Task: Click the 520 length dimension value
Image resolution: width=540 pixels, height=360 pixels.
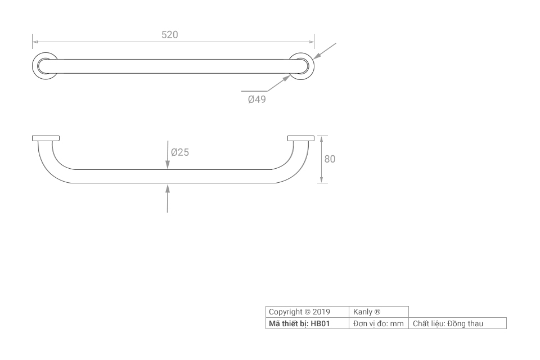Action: point(170,35)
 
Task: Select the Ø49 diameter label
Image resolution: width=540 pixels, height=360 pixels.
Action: point(257,99)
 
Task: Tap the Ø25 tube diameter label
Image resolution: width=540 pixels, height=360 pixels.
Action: point(180,152)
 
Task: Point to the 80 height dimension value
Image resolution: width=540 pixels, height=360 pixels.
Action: point(330,159)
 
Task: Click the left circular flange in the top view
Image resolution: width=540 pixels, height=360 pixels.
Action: point(45,66)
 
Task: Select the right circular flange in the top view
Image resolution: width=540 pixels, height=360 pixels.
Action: point(301,66)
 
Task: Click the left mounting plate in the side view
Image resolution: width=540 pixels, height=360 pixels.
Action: point(46,138)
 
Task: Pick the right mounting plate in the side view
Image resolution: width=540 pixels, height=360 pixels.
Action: point(301,138)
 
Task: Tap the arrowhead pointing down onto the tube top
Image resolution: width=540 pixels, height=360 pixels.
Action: point(168,165)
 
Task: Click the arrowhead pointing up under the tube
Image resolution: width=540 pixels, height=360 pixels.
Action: point(168,188)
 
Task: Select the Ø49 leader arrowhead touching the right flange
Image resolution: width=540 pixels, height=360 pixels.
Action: point(286,79)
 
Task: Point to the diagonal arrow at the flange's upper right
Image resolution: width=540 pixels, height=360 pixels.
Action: point(325,51)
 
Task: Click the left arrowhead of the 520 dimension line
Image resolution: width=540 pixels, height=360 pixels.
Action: point(35,42)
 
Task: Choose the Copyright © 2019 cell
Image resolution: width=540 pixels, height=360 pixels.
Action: point(307,312)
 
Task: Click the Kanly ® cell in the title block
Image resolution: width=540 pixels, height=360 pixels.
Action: point(379,312)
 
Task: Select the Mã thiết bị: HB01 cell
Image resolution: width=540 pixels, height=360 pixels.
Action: point(307,323)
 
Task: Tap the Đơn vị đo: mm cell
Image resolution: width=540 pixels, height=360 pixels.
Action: point(379,323)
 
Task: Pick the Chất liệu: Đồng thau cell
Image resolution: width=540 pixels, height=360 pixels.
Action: point(458,323)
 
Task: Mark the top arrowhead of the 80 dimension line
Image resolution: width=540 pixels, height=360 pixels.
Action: point(322,138)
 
